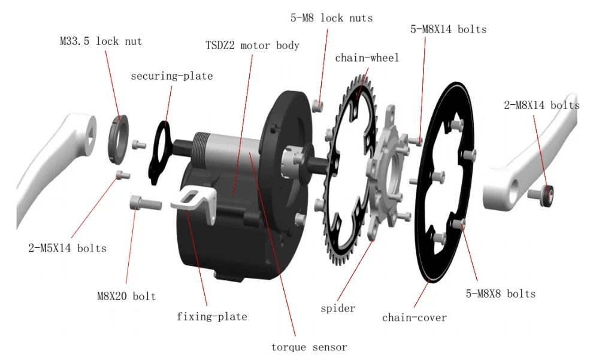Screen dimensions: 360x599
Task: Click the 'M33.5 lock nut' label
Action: (x=101, y=41)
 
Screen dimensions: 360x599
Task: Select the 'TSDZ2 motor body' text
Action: (x=252, y=46)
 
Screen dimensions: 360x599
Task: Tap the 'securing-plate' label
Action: (x=171, y=76)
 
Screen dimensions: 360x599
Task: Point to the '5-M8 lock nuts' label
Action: (x=331, y=18)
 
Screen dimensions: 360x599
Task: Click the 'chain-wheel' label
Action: (x=367, y=58)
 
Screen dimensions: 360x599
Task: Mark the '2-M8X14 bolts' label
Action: (x=541, y=105)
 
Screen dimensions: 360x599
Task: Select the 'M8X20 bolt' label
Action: (x=126, y=296)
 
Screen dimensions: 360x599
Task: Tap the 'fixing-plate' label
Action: (x=211, y=316)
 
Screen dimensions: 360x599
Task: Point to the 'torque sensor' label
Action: (x=309, y=347)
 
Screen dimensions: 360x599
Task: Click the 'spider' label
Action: (x=338, y=308)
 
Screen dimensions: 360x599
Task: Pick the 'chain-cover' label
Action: (x=415, y=317)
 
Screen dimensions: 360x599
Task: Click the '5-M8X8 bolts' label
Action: (x=501, y=294)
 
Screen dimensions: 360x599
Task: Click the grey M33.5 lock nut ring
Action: (x=119, y=137)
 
